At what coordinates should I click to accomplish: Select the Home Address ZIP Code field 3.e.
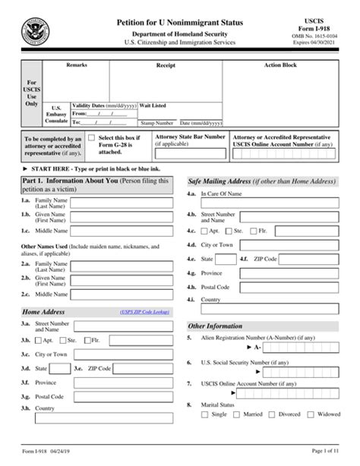(x=141, y=368)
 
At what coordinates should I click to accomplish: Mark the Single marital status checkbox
(x=205, y=414)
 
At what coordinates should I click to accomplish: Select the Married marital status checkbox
(x=238, y=414)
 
